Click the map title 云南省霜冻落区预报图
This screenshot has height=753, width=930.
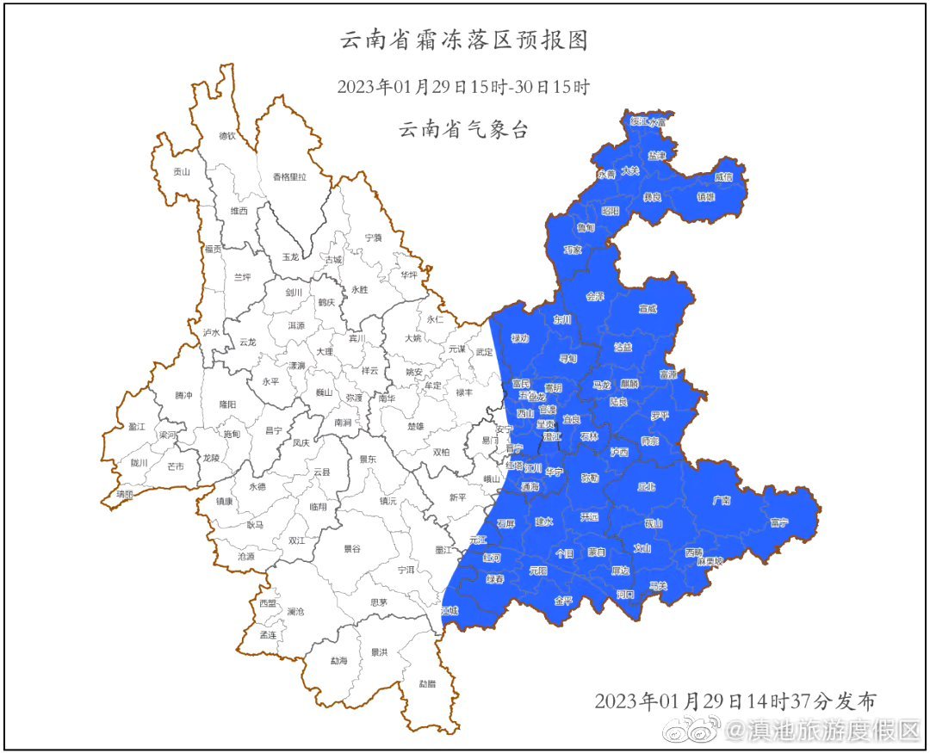pyautogui.click(x=464, y=40)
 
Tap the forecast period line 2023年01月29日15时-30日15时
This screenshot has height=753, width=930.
pyautogui.click(x=464, y=87)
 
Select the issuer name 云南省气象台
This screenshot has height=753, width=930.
pyautogui.click(x=464, y=130)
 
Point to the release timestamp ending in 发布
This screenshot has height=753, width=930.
pyautogui.click(x=735, y=701)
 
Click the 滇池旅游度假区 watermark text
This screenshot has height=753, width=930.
pyautogui.click(x=821, y=731)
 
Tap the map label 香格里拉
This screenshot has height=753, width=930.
pyautogui.click(x=289, y=176)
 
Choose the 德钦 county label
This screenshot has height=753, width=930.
pyautogui.click(x=226, y=135)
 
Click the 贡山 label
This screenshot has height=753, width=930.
pyautogui.click(x=181, y=171)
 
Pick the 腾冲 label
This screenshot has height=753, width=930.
pyautogui.click(x=184, y=395)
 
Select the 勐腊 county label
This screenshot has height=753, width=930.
pyautogui.click(x=427, y=684)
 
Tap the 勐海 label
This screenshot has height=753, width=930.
pyautogui.click(x=338, y=661)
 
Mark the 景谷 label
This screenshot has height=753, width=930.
pyautogui.click(x=352, y=547)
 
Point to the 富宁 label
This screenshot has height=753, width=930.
pyautogui.click(x=778, y=522)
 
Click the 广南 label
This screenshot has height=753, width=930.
pyautogui.click(x=722, y=500)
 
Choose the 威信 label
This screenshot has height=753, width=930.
pyautogui.click(x=723, y=176)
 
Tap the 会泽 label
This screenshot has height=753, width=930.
pyautogui.click(x=595, y=296)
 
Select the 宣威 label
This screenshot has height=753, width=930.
pyautogui.click(x=648, y=308)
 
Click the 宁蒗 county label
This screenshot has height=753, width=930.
pyautogui.click(x=373, y=237)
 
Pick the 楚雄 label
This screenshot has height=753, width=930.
pyautogui.click(x=415, y=426)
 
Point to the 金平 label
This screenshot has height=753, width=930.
pyautogui.click(x=563, y=600)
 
